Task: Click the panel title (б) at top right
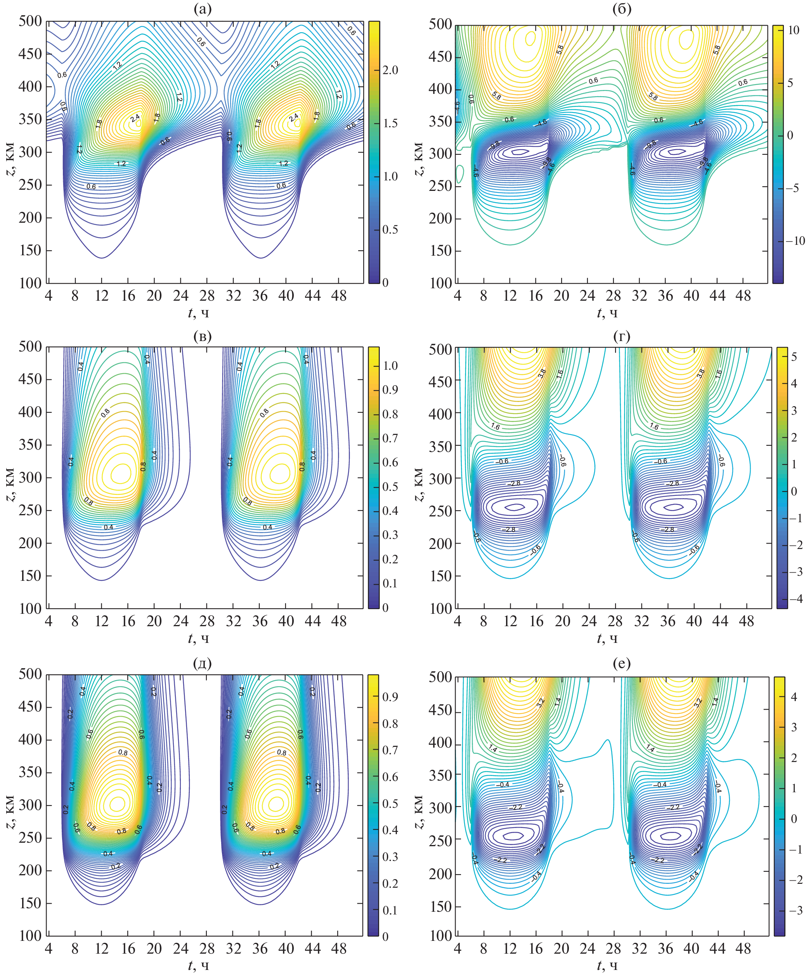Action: tap(622, 9)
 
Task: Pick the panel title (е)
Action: tap(622, 663)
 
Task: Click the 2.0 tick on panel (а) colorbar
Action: tap(390, 70)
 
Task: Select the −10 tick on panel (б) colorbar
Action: tap(794, 241)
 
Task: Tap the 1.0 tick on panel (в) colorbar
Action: tap(390, 366)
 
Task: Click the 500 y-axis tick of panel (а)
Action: tap(30, 21)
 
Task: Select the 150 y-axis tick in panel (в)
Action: tap(30, 576)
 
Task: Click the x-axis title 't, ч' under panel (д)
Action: tap(198, 966)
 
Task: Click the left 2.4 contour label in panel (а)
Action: tap(135, 118)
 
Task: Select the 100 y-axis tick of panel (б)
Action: tap(440, 283)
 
